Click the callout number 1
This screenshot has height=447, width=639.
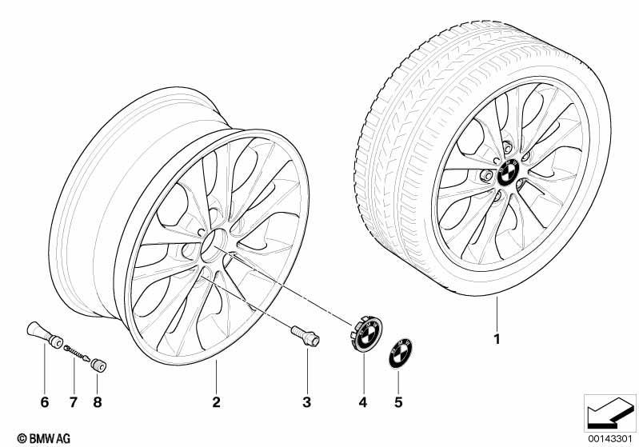497,339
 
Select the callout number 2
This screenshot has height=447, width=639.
217,402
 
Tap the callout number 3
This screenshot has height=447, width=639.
306,402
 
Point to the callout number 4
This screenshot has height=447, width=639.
363,402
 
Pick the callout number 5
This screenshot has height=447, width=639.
398,402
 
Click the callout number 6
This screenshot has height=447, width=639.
45,402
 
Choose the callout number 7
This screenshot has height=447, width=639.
73,402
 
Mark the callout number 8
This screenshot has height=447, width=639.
97,402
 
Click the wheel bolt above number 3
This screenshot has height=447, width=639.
306,336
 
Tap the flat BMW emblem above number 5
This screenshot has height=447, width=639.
400,353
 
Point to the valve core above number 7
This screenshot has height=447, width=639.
77,353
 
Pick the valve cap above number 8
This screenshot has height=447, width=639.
98,365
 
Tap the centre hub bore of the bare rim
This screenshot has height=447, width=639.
214,245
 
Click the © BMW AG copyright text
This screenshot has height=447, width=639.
44,438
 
